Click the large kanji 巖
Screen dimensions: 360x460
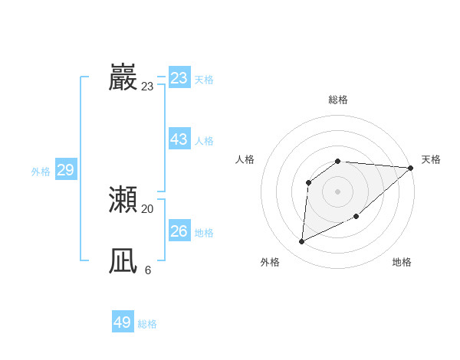click(x=123, y=78)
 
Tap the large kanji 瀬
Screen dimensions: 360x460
click(x=123, y=200)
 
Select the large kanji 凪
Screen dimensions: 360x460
click(x=123, y=262)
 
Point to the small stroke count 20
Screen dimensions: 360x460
click(x=147, y=208)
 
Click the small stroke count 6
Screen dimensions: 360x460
click(x=147, y=270)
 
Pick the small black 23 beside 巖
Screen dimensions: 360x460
click(x=147, y=87)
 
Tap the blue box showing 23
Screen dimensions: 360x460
click(x=179, y=78)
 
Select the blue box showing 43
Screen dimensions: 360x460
click(x=179, y=139)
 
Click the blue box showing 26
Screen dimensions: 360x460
click(x=179, y=231)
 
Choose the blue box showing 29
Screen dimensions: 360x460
click(x=66, y=170)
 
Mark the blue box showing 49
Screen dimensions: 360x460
click(x=123, y=322)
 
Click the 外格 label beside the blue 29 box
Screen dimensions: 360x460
click(x=41, y=172)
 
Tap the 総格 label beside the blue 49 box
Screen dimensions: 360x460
click(x=147, y=324)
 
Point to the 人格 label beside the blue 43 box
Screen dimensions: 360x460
click(x=204, y=141)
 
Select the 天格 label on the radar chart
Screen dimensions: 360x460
click(x=431, y=159)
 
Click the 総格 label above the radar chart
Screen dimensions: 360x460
click(x=338, y=100)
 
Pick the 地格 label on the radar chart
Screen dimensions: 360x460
click(x=402, y=262)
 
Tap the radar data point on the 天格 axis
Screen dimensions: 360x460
click(x=410, y=168)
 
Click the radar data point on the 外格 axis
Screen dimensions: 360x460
click(x=301, y=242)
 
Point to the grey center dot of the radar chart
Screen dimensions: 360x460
click(x=337, y=191)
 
